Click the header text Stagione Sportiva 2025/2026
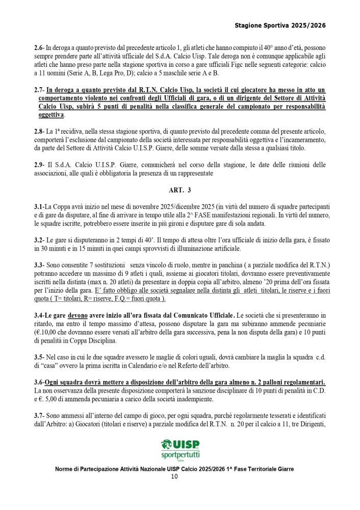(x=280, y=24)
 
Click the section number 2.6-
(x=40, y=48)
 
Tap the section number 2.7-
(x=40, y=90)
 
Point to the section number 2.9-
(x=40, y=165)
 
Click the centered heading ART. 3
(x=179, y=190)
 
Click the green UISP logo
(x=180, y=444)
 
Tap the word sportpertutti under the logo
(x=180, y=454)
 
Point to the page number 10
(x=174, y=477)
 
